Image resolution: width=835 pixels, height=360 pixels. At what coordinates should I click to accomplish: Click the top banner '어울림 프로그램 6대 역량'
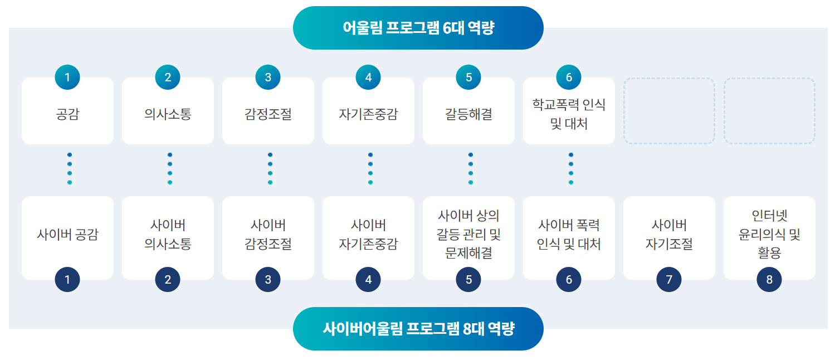(x=418, y=28)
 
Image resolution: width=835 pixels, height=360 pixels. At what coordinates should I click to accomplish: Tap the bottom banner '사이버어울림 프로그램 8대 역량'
(x=418, y=329)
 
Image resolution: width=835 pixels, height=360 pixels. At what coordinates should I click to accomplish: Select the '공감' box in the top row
(x=67, y=111)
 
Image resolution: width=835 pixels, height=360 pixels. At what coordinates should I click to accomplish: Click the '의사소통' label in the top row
(x=168, y=114)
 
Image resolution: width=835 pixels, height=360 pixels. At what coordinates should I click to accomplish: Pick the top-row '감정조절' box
(x=268, y=111)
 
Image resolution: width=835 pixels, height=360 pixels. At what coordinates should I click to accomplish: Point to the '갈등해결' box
(x=468, y=111)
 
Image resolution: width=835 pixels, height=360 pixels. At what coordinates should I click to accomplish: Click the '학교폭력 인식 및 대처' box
(x=569, y=111)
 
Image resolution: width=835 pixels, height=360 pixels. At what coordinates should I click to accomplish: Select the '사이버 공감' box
(x=67, y=238)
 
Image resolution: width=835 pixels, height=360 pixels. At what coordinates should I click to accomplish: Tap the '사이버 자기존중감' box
(x=368, y=238)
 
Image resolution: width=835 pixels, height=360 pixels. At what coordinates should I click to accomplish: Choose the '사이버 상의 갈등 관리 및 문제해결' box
(x=468, y=238)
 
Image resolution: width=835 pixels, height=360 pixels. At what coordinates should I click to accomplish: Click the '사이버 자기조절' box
(x=669, y=238)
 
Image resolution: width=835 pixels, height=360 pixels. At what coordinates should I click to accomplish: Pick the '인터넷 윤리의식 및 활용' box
(x=769, y=238)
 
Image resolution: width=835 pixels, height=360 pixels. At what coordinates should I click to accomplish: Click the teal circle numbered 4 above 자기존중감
(x=368, y=77)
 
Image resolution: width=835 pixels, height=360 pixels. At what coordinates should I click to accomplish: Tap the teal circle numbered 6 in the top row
(x=569, y=77)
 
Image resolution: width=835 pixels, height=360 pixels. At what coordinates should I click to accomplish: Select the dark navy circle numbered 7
(x=669, y=279)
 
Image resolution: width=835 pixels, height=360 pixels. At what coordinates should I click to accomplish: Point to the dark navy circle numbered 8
(x=769, y=279)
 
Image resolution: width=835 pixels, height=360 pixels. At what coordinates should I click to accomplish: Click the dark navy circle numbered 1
(x=67, y=279)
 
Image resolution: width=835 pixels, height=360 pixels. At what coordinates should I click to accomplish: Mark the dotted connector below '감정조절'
(x=270, y=169)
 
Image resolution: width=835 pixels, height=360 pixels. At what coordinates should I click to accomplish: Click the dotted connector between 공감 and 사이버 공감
(x=70, y=169)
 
